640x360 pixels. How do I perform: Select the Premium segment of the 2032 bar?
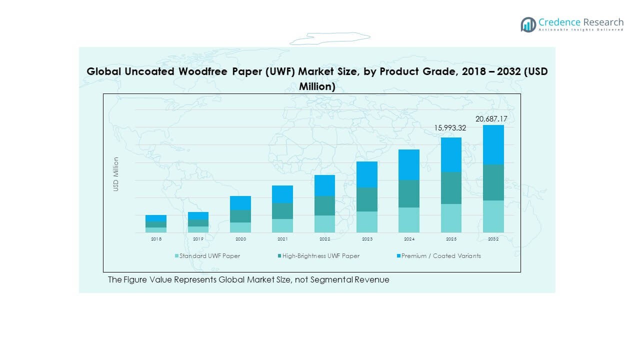[x=493, y=144]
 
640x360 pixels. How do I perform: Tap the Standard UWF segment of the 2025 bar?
[x=451, y=218]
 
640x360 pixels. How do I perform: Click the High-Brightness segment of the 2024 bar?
[x=409, y=193]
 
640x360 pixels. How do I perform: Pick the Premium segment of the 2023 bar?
[x=367, y=174]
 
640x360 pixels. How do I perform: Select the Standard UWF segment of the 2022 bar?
[x=324, y=224]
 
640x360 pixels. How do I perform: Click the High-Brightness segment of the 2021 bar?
[x=282, y=210]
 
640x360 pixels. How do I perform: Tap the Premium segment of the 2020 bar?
[x=240, y=202]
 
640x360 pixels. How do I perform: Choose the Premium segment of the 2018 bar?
[x=156, y=218]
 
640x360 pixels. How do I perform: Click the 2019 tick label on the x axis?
[x=198, y=239]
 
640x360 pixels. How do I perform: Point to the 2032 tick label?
[x=493, y=239]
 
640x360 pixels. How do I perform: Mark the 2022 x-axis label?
[x=324, y=239]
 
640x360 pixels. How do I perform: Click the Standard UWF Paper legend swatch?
[x=176, y=256]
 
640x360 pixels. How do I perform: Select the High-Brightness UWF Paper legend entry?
[x=320, y=256]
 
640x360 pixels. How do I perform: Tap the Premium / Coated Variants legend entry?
[x=440, y=256]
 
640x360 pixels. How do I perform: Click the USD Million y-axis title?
[x=116, y=174]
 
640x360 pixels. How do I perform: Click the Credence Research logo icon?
[x=528, y=24]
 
